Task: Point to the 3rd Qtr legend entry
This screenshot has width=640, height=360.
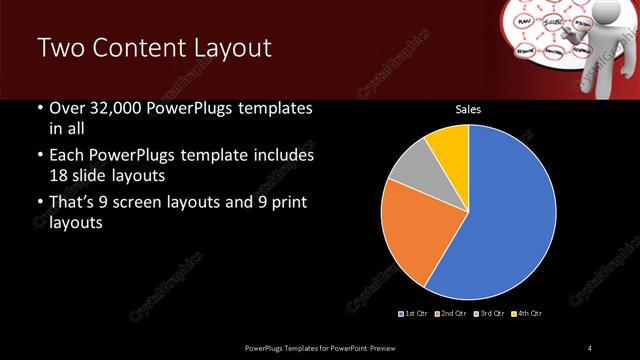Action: click(x=490, y=313)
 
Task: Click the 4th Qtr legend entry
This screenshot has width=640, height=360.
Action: click(x=528, y=313)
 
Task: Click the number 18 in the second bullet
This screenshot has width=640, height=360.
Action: click(x=59, y=175)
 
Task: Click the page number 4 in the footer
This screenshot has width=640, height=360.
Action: click(x=590, y=347)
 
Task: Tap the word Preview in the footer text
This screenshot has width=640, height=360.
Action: click(x=391, y=347)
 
